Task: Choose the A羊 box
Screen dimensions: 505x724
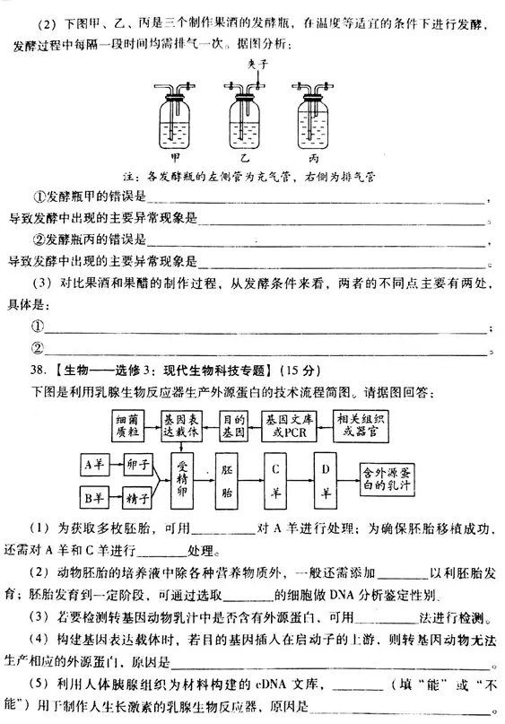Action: tap(94, 466)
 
